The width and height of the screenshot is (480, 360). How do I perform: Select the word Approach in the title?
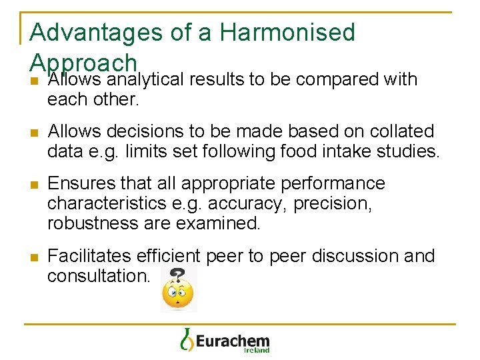[83, 62]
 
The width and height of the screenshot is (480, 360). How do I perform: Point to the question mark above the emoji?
[178, 273]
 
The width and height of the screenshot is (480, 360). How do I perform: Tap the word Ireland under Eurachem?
[256, 350]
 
